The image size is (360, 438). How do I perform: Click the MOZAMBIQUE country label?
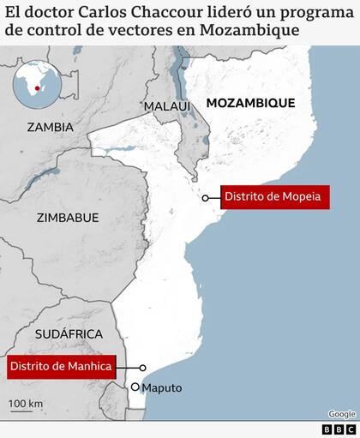249,103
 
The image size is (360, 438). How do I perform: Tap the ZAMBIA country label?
50,127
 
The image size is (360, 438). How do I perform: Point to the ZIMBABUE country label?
68,218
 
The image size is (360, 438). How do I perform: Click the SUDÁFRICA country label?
69,333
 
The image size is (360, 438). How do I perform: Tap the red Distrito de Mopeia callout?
273,197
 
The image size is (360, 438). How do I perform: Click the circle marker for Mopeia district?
206,197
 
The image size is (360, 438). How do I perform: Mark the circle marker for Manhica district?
143,368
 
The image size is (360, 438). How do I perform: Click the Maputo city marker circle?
135,387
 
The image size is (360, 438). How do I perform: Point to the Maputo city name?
162,388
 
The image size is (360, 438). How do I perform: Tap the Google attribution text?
341,414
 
